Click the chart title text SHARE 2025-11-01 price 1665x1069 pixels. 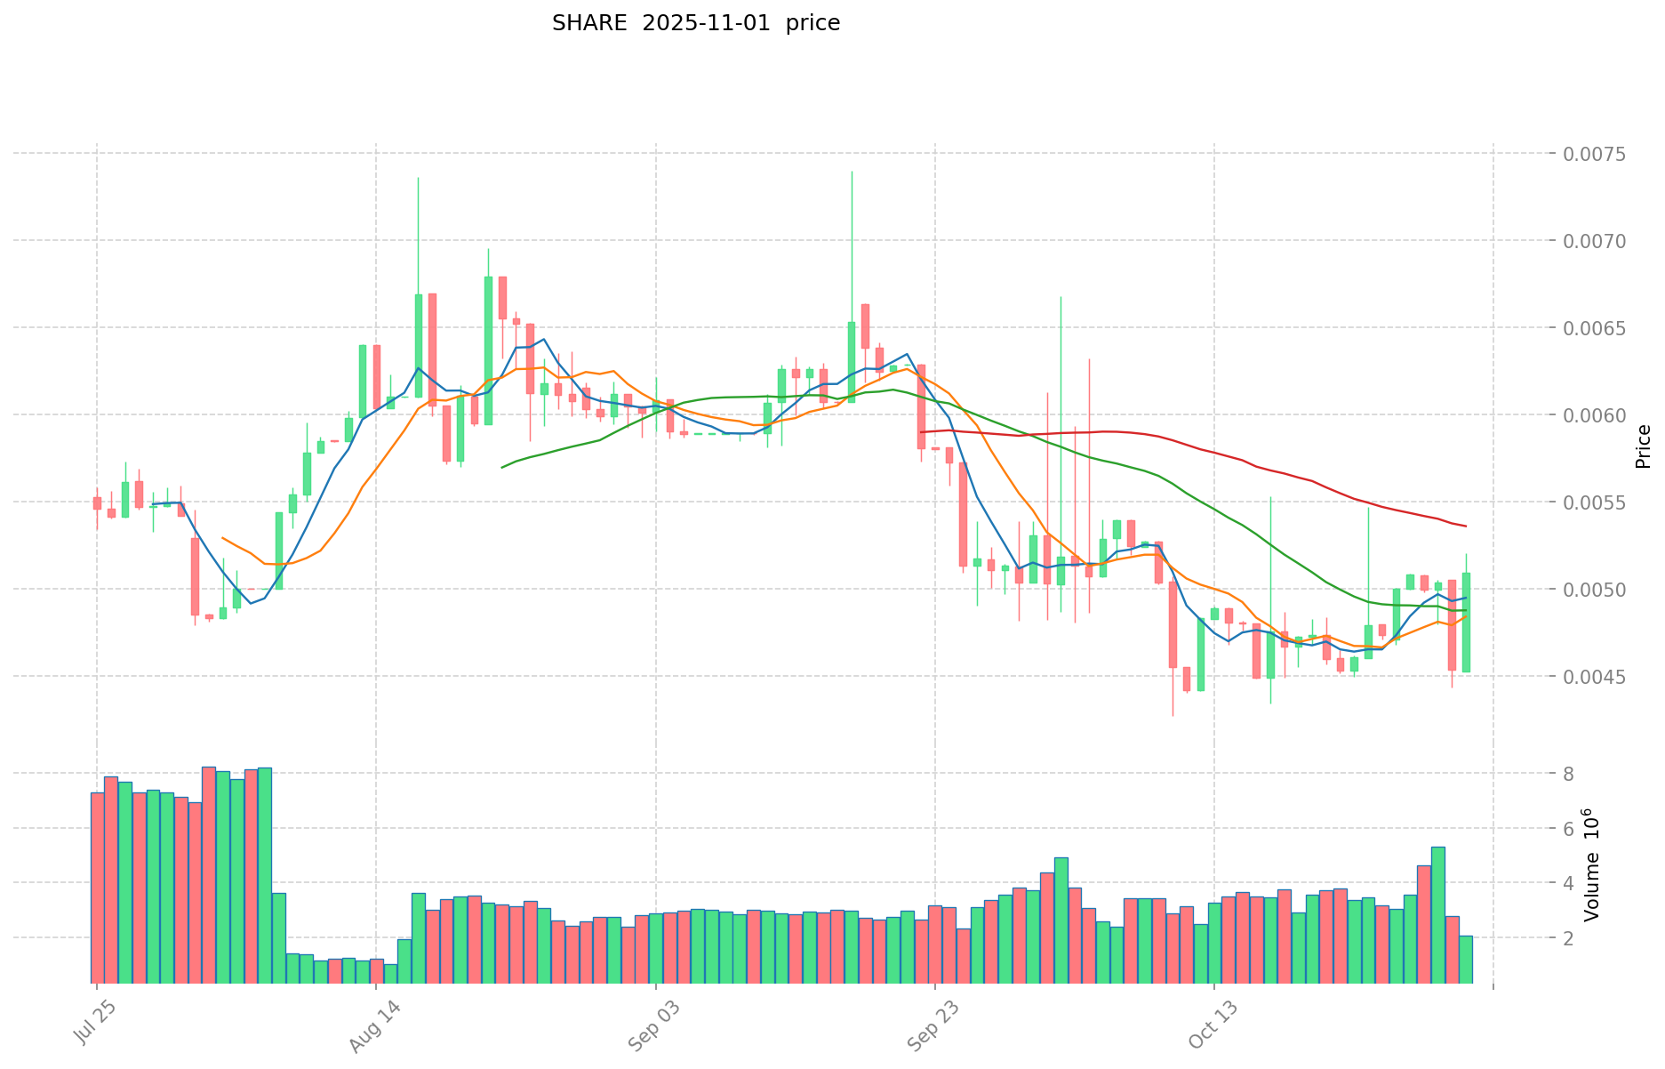[x=695, y=23]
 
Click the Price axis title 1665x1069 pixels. [x=1643, y=446]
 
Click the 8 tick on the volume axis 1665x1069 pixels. [x=1569, y=774]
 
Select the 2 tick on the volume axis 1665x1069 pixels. [x=1569, y=938]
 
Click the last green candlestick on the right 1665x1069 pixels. [x=1466, y=623]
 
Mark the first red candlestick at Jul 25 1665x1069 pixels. [x=97, y=502]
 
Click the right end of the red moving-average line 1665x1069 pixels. [x=1465, y=526]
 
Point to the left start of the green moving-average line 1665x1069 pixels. [x=502, y=467]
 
